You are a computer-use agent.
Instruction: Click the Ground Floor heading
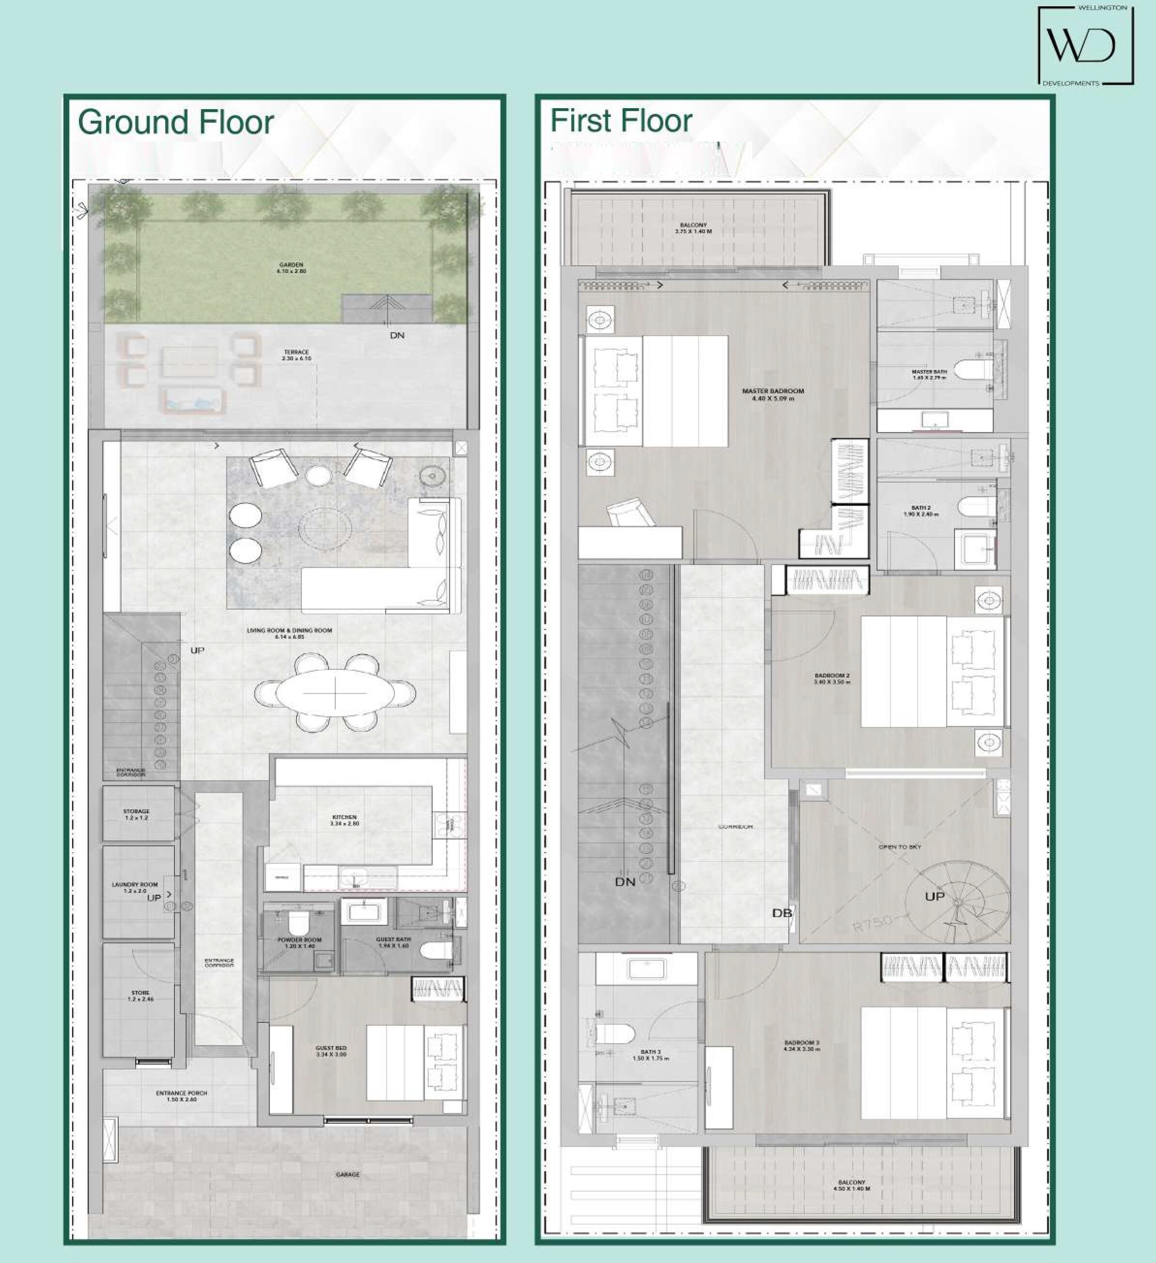(x=176, y=122)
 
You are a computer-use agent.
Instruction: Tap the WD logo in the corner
(x=1085, y=46)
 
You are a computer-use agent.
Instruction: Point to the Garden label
(x=291, y=268)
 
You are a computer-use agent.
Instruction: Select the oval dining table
(x=335, y=692)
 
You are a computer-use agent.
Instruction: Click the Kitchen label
(x=345, y=820)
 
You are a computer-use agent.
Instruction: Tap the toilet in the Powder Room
(x=298, y=922)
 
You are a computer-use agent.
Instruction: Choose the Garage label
(x=348, y=1175)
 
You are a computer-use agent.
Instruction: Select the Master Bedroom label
(x=773, y=394)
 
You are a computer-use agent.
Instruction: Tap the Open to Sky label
(x=900, y=847)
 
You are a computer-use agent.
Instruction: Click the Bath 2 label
(x=920, y=511)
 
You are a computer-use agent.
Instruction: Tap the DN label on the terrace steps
(x=397, y=335)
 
